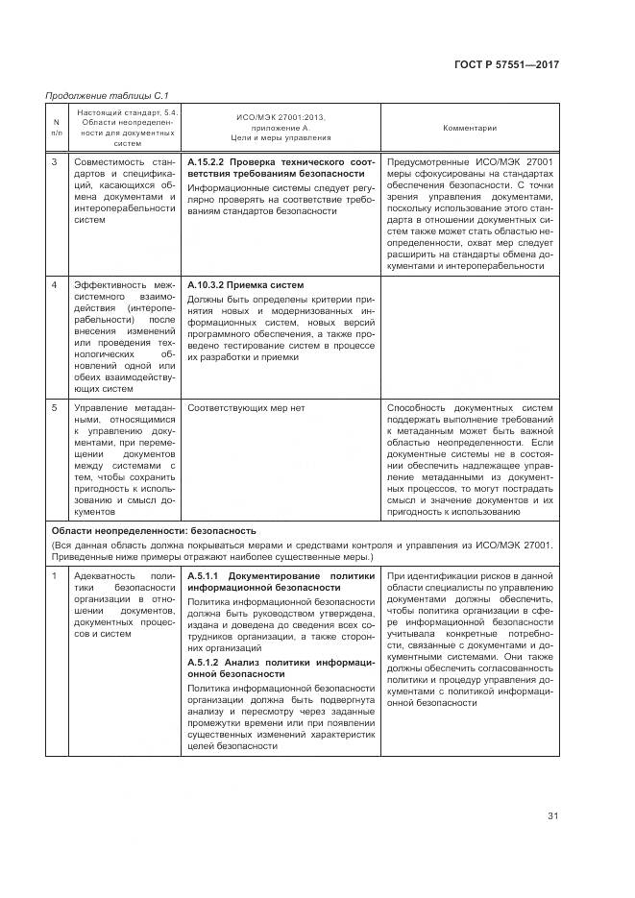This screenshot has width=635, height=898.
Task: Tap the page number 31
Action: (x=552, y=816)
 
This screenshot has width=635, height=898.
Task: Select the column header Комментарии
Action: (x=469, y=128)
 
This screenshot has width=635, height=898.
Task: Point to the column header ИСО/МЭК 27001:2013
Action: (x=281, y=117)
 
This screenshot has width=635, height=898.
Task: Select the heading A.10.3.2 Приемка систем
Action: (x=245, y=285)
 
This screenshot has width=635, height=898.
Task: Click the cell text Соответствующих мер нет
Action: (x=246, y=408)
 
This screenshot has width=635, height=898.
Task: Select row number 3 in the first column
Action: (x=55, y=162)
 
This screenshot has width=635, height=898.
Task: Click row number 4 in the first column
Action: (x=55, y=285)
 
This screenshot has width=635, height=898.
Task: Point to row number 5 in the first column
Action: (x=55, y=408)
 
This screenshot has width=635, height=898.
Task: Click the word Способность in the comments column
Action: (x=418, y=408)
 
